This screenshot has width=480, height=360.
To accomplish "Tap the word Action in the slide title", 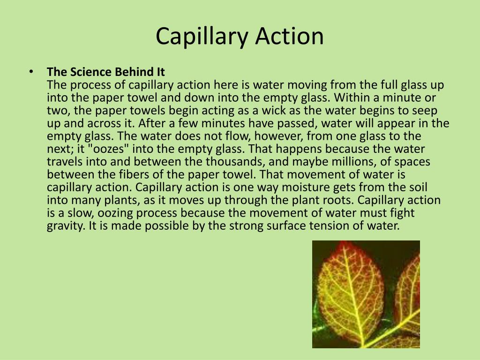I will pyautogui.click(x=289, y=37).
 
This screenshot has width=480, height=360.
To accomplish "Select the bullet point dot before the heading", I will pyautogui.click(x=31, y=71).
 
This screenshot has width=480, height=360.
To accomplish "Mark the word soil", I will pyautogui.click(x=417, y=187).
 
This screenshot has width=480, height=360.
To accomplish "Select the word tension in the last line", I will pyautogui.click(x=347, y=225).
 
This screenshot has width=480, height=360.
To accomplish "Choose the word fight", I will pyautogui.click(x=402, y=213).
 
